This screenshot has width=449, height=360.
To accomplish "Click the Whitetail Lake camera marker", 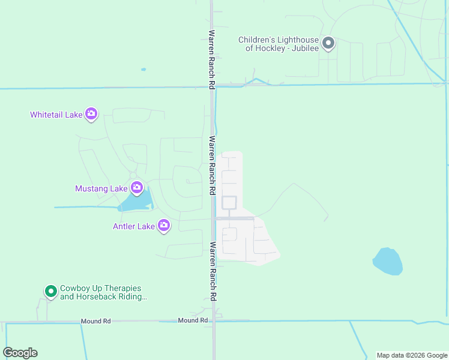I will [x=91, y=114].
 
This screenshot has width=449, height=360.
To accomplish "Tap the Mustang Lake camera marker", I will [x=137, y=188].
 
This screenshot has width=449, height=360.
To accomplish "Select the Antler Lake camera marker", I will [x=164, y=226].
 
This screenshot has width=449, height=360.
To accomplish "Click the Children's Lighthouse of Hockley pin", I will [x=328, y=43].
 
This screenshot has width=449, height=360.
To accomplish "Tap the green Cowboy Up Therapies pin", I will [x=51, y=292].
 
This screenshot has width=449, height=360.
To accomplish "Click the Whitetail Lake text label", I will [x=56, y=115].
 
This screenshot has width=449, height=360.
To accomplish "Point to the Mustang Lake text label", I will [x=101, y=188].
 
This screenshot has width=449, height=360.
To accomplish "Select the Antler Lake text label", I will [x=134, y=226].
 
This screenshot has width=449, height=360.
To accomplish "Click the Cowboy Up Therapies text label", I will [x=103, y=292].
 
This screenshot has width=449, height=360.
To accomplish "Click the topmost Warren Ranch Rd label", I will [x=212, y=60].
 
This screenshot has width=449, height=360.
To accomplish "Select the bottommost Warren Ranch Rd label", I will [x=212, y=271].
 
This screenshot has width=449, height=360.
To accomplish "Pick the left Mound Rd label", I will [x=96, y=322].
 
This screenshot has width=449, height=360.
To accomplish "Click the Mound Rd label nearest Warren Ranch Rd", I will [x=193, y=320].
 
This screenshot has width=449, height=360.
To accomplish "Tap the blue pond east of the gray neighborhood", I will [x=388, y=262].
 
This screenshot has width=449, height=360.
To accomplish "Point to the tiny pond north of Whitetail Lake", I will [x=143, y=70].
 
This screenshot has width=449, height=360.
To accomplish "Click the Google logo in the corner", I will [x=20, y=353].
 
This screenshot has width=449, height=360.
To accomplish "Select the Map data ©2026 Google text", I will [x=412, y=355].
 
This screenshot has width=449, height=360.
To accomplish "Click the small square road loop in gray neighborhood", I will [x=229, y=202].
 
